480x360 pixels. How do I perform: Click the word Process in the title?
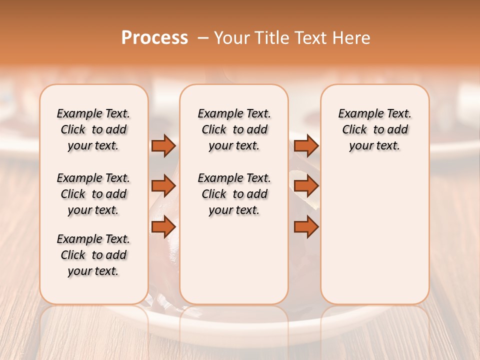point(154,37)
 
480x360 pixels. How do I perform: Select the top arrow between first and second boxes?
point(163,145)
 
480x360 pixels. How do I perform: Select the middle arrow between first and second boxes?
point(163,186)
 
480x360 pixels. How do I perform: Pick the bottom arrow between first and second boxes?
point(163,227)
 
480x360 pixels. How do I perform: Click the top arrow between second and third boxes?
point(306,145)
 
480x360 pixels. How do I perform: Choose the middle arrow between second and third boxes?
point(306,186)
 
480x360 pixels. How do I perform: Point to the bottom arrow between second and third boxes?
point(306,227)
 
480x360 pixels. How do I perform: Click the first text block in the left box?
point(93,129)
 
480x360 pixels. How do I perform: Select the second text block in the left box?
point(93,194)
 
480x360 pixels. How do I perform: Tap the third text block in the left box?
point(93,255)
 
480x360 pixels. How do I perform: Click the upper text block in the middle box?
point(234,129)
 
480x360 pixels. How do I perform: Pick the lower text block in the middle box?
point(234,194)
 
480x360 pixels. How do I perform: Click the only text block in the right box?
point(374,129)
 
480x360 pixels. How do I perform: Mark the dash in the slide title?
point(203,38)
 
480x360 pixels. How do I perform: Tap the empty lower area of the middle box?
point(234,260)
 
